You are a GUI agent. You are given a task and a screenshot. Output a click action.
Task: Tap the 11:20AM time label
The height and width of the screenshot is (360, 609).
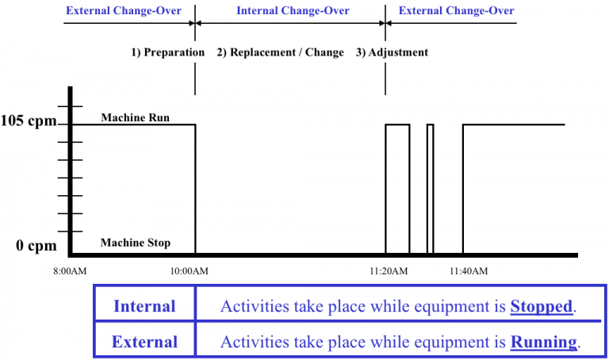[x=388, y=272]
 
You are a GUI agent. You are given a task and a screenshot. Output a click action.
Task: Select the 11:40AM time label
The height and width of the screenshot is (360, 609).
[x=468, y=272]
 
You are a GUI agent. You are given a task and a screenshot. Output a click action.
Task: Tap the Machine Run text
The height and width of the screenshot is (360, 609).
[x=135, y=117]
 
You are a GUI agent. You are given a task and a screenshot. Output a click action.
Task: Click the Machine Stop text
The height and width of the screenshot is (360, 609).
[x=135, y=243]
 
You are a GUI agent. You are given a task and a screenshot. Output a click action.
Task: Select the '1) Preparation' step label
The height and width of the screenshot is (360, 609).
[x=167, y=52]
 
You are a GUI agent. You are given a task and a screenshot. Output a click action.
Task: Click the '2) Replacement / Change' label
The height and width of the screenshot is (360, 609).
[x=281, y=52]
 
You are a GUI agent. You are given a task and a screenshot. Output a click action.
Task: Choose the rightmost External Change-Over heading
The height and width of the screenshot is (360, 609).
[x=456, y=11]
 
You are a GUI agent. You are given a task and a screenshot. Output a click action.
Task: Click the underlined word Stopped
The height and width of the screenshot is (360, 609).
[x=542, y=307]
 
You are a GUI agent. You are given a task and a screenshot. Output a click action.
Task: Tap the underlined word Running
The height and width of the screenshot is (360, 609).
[x=544, y=342]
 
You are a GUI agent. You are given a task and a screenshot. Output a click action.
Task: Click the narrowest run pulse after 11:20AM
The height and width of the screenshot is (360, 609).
[x=430, y=189]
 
